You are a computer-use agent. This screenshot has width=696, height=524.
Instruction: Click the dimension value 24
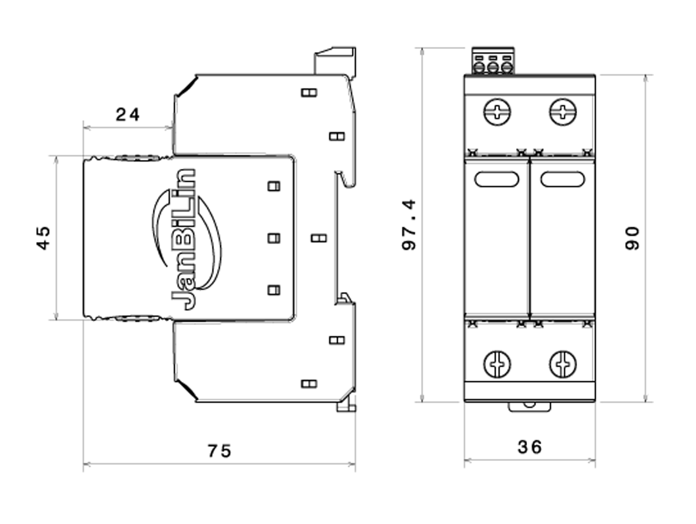(127, 114)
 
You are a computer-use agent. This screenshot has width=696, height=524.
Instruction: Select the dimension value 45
(43, 238)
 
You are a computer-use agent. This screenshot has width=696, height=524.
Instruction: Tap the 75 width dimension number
(219, 451)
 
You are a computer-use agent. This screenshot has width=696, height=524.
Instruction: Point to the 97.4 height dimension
(409, 225)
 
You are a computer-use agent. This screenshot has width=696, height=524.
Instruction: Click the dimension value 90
(632, 238)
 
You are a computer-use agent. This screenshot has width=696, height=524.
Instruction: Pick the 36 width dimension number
(530, 447)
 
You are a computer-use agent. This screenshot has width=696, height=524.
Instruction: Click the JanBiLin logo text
(183, 240)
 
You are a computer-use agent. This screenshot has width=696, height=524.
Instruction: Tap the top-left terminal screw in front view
(497, 112)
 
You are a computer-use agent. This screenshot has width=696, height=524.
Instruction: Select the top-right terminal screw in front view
(563, 112)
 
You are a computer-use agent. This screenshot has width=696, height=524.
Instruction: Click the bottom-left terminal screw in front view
(497, 364)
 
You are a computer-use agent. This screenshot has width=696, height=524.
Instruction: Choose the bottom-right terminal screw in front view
(563, 364)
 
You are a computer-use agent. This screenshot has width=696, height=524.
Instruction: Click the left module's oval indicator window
(497, 179)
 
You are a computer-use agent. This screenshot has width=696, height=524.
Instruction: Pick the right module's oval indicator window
(563, 179)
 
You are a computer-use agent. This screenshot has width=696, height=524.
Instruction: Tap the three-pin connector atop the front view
(493, 61)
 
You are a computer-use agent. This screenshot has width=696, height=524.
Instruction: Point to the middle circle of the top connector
(493, 68)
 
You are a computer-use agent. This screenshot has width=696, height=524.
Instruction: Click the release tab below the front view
(530, 407)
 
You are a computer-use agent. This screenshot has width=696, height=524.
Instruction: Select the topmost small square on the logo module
(274, 186)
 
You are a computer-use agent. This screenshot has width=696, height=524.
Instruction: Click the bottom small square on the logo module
(274, 290)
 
